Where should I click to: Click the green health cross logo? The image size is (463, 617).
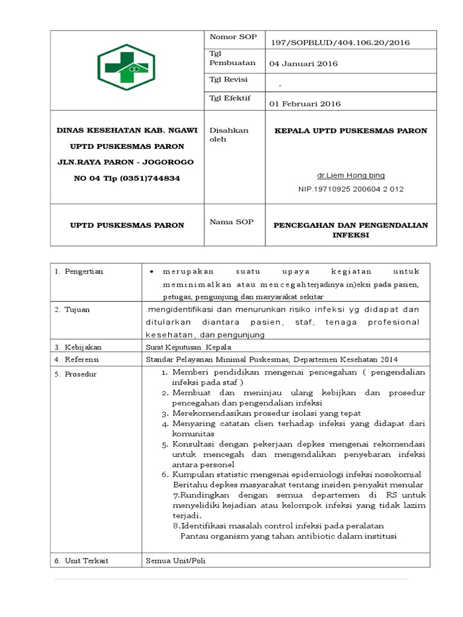coord(126,67)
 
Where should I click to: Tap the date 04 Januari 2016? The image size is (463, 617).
coord(303,64)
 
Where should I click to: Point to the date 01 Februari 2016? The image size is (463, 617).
coord(304,104)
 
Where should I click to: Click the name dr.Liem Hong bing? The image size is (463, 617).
coord(351,176)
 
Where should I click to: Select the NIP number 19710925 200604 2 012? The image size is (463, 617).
coord(351,189)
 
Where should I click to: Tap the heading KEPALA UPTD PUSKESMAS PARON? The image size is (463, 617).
coord(351,131)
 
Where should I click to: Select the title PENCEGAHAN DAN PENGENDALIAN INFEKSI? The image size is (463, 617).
coord(351,230)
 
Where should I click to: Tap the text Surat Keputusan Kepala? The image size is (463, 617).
coord(184,348)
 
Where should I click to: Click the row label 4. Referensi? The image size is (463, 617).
coord(77,360)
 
